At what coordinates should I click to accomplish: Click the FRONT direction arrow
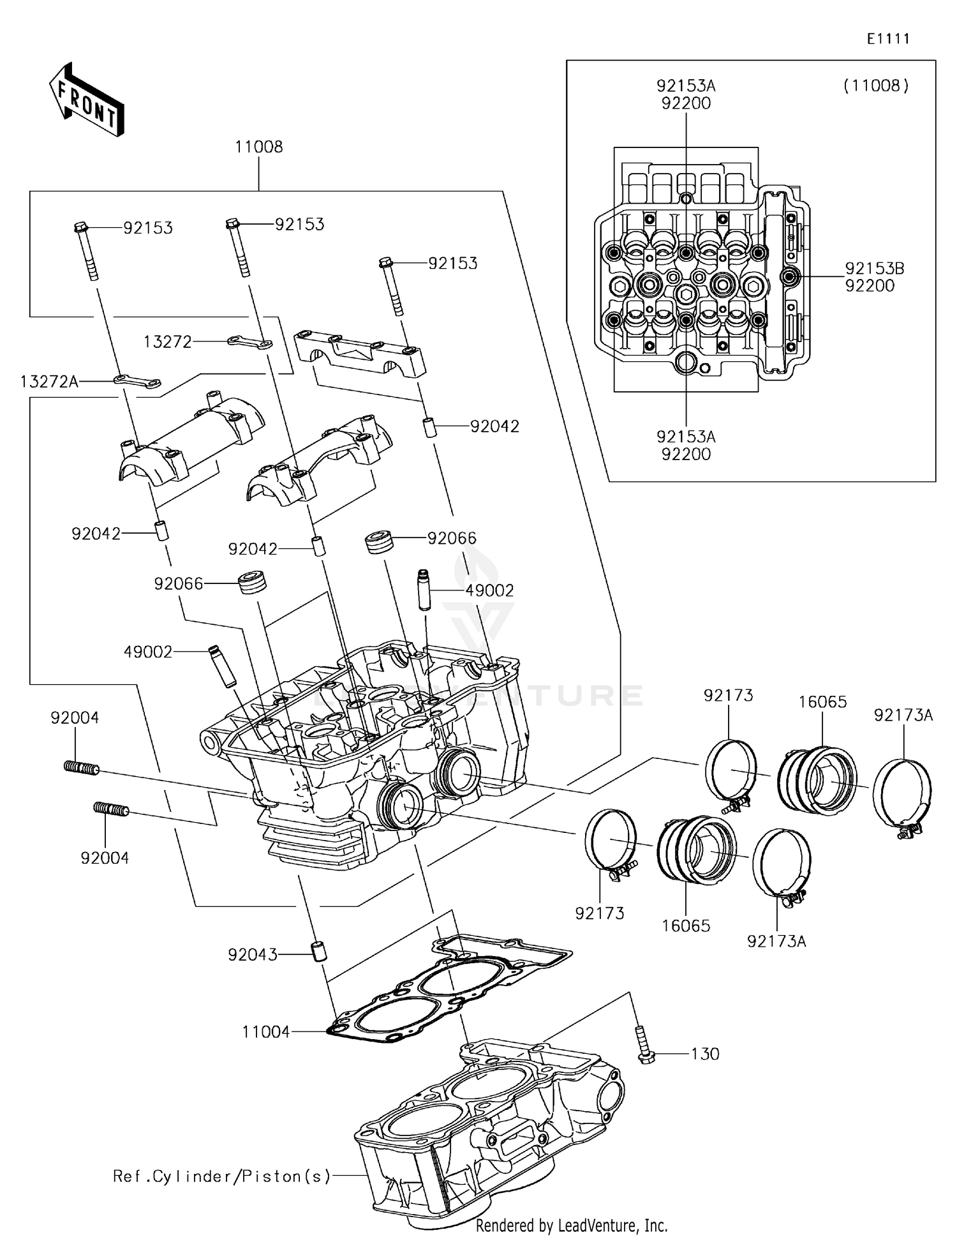87,100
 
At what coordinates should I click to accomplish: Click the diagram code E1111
887,39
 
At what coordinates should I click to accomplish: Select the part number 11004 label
266,1032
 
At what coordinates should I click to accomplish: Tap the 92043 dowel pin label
253,954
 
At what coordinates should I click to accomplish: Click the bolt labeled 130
643,1045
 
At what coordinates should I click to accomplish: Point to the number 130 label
705,1054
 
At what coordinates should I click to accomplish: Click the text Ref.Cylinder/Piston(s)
222,1176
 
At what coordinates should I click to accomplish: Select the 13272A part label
49,382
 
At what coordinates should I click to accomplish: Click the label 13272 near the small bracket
167,342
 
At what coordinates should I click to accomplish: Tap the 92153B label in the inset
875,269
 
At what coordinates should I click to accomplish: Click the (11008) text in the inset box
876,86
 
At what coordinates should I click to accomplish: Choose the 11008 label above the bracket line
258,147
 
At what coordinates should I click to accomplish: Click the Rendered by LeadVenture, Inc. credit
572,1226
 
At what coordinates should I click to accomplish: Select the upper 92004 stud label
75,718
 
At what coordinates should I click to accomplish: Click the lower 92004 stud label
105,858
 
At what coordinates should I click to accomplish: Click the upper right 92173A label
903,716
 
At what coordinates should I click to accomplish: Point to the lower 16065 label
686,926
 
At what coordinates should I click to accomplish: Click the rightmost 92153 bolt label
452,263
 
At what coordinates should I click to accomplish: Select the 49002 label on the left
148,652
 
